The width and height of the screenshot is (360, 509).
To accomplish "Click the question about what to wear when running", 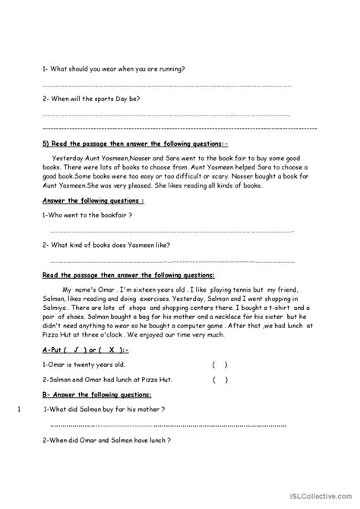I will pyautogui.click(x=114, y=69).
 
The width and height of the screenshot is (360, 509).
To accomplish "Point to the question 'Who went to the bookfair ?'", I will pyautogui.click(x=88, y=216).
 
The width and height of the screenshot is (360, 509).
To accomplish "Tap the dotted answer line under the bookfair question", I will pyautogui.click(x=172, y=231).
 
